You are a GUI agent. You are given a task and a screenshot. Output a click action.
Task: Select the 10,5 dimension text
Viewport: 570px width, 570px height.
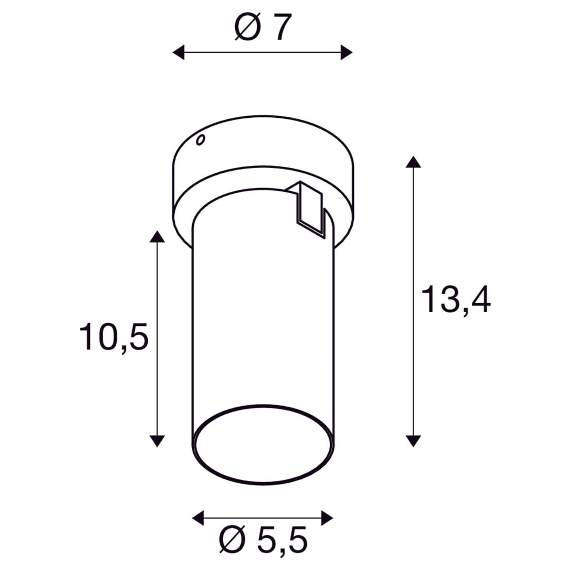[x=114, y=337]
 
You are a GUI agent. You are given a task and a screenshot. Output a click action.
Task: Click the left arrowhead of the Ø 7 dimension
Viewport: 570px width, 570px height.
[x=179, y=52]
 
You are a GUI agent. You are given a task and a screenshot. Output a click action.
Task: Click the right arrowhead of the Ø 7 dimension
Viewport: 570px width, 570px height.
[x=347, y=52]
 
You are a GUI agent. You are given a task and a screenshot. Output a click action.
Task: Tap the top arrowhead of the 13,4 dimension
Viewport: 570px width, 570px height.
[x=413, y=162]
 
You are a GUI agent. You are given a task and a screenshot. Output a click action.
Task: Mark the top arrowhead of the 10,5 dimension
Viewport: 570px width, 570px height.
[x=157, y=237]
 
